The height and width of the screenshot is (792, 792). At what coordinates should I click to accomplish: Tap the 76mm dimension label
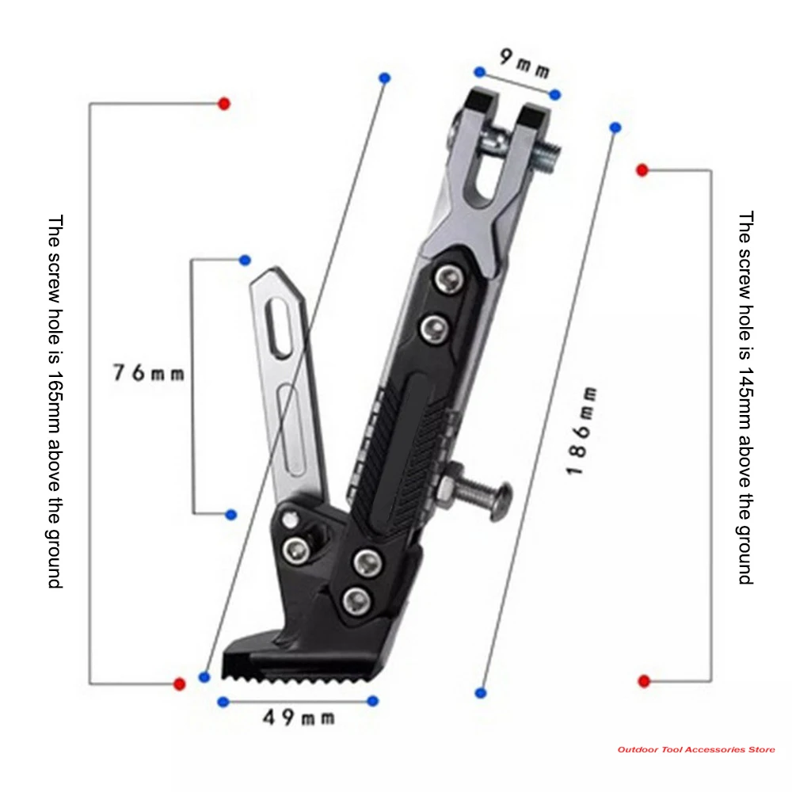coord(148,371)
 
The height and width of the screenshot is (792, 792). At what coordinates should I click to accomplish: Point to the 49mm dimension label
coord(299,718)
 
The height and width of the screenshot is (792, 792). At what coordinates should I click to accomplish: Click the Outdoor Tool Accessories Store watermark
coord(696,749)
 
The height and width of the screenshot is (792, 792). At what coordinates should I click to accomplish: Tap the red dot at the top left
coord(224,104)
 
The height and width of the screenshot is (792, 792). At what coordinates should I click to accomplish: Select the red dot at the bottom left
coord(179,683)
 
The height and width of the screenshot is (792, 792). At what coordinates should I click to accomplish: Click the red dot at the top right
coord(642,170)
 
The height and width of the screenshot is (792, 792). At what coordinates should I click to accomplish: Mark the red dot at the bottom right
coord(644,681)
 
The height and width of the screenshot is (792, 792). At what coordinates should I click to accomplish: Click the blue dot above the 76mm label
coord(245,260)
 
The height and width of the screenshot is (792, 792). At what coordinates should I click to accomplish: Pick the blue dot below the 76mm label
coord(231,515)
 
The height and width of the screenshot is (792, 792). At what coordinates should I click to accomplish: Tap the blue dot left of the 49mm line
coord(223,701)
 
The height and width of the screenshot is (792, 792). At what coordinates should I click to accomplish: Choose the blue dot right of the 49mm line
coord(373,701)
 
